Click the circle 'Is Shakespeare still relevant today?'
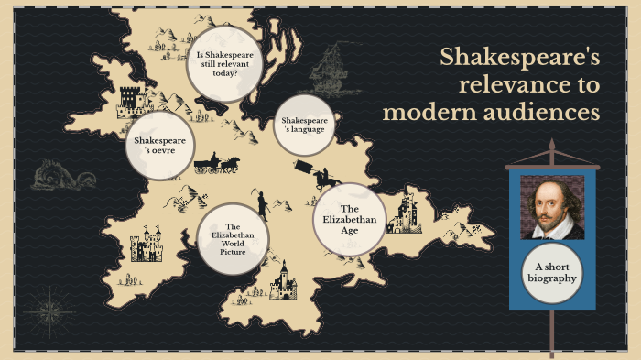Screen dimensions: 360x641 tap(225, 61)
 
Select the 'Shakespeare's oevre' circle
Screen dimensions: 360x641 tap(160, 146)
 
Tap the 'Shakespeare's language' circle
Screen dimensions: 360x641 tap(303, 125)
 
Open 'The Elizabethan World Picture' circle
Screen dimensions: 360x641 tap(233, 240)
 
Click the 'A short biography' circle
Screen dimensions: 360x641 tap(552, 272)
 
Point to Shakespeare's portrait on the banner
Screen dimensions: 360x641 tap(552, 206)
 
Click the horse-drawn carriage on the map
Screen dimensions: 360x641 tap(216, 165)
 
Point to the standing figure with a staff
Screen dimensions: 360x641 tap(262, 202)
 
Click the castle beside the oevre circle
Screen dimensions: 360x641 tap(132, 102)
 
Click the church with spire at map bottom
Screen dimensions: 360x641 tap(282, 281)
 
